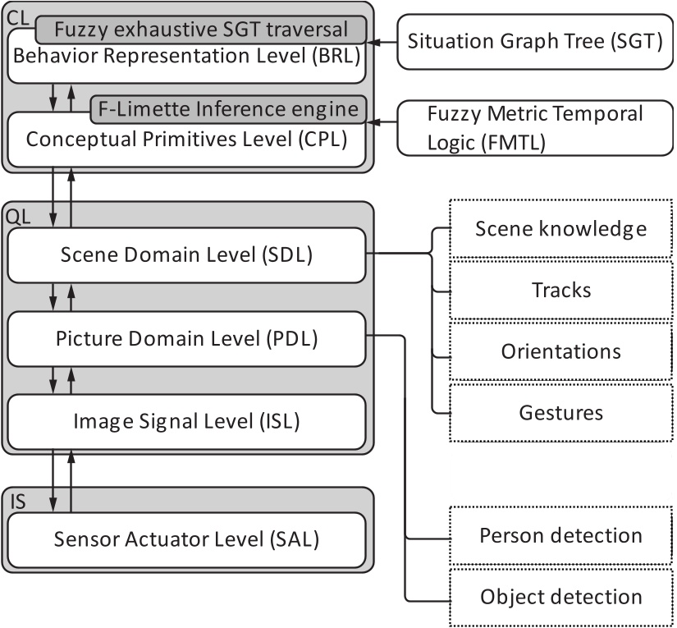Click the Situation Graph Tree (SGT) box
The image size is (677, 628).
(x=535, y=41)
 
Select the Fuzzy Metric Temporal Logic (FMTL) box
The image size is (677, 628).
(x=535, y=127)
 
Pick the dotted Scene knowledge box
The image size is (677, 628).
(x=561, y=228)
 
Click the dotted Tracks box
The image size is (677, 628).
(x=561, y=290)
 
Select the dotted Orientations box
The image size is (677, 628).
(x=561, y=351)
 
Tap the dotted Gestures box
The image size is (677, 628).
(x=561, y=412)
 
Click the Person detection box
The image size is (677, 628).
(x=561, y=536)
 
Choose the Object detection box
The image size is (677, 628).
(x=561, y=597)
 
